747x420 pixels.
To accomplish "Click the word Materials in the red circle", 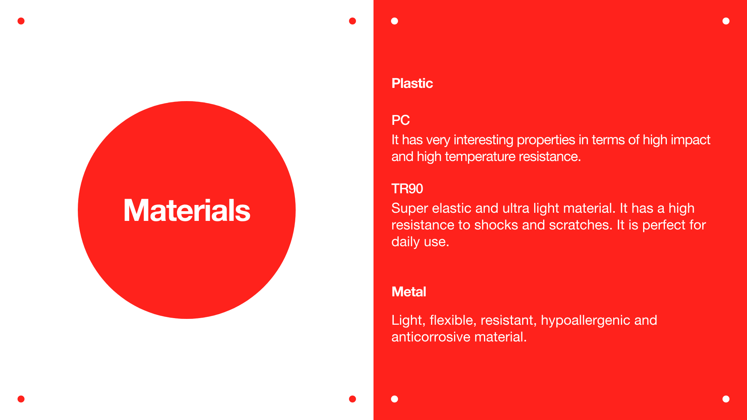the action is click(x=187, y=210).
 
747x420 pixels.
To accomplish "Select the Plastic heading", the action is click(x=412, y=83).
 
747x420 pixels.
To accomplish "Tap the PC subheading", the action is click(x=400, y=120).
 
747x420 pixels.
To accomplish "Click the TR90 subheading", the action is click(x=407, y=189).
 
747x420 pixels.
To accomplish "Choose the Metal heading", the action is click(x=409, y=292).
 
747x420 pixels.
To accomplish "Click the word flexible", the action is click(x=453, y=320).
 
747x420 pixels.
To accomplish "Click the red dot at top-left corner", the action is click(x=21, y=21).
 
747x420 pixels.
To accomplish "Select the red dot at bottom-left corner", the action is click(x=21, y=399).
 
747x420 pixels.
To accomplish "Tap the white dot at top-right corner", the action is click(x=726, y=21).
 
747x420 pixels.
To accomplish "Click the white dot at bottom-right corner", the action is click(x=726, y=399).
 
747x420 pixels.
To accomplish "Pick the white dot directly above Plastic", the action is click(x=395, y=21).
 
